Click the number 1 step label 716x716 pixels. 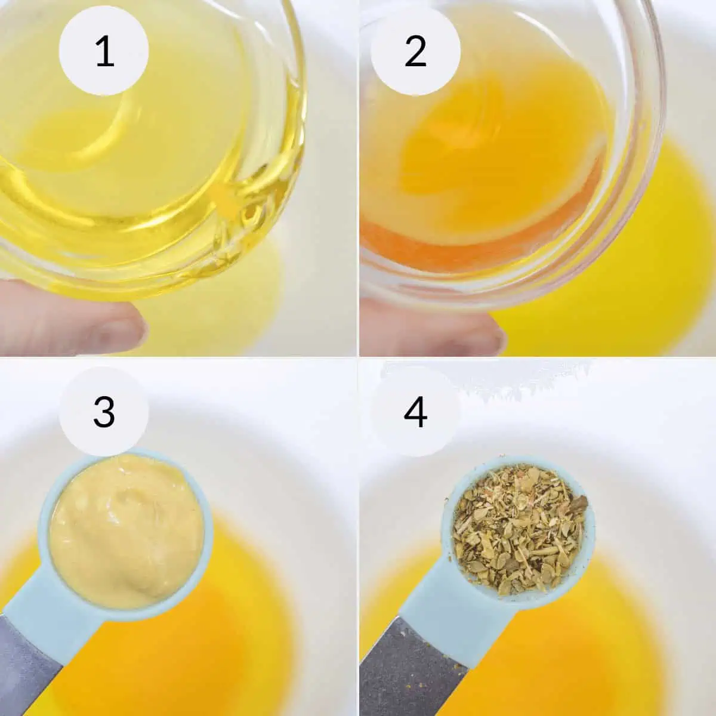click(x=104, y=51)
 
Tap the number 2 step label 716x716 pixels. click(x=415, y=51)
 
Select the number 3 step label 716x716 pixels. click(x=104, y=412)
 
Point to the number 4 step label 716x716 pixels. click(x=415, y=412)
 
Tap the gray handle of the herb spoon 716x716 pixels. click(x=405, y=669)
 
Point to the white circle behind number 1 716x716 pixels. click(x=104, y=50)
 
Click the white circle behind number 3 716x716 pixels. click(x=104, y=412)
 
